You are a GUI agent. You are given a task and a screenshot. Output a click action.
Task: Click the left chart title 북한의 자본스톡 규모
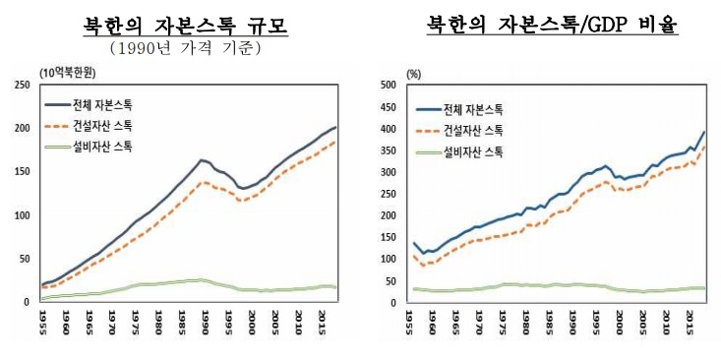pos(179,25)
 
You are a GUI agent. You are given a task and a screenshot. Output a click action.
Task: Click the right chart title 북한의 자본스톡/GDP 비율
pos(552,25)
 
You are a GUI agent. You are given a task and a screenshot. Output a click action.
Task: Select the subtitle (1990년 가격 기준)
pos(179,46)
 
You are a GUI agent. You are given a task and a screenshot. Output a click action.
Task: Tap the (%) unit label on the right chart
pos(414,73)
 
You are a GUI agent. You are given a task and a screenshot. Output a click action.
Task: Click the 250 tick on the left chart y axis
pos(23,85)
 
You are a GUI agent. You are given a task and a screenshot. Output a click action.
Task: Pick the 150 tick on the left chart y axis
pos(23,172)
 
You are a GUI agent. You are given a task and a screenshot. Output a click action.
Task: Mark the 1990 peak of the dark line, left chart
pos(201,160)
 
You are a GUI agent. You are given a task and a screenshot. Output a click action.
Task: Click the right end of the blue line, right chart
pos(704,132)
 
